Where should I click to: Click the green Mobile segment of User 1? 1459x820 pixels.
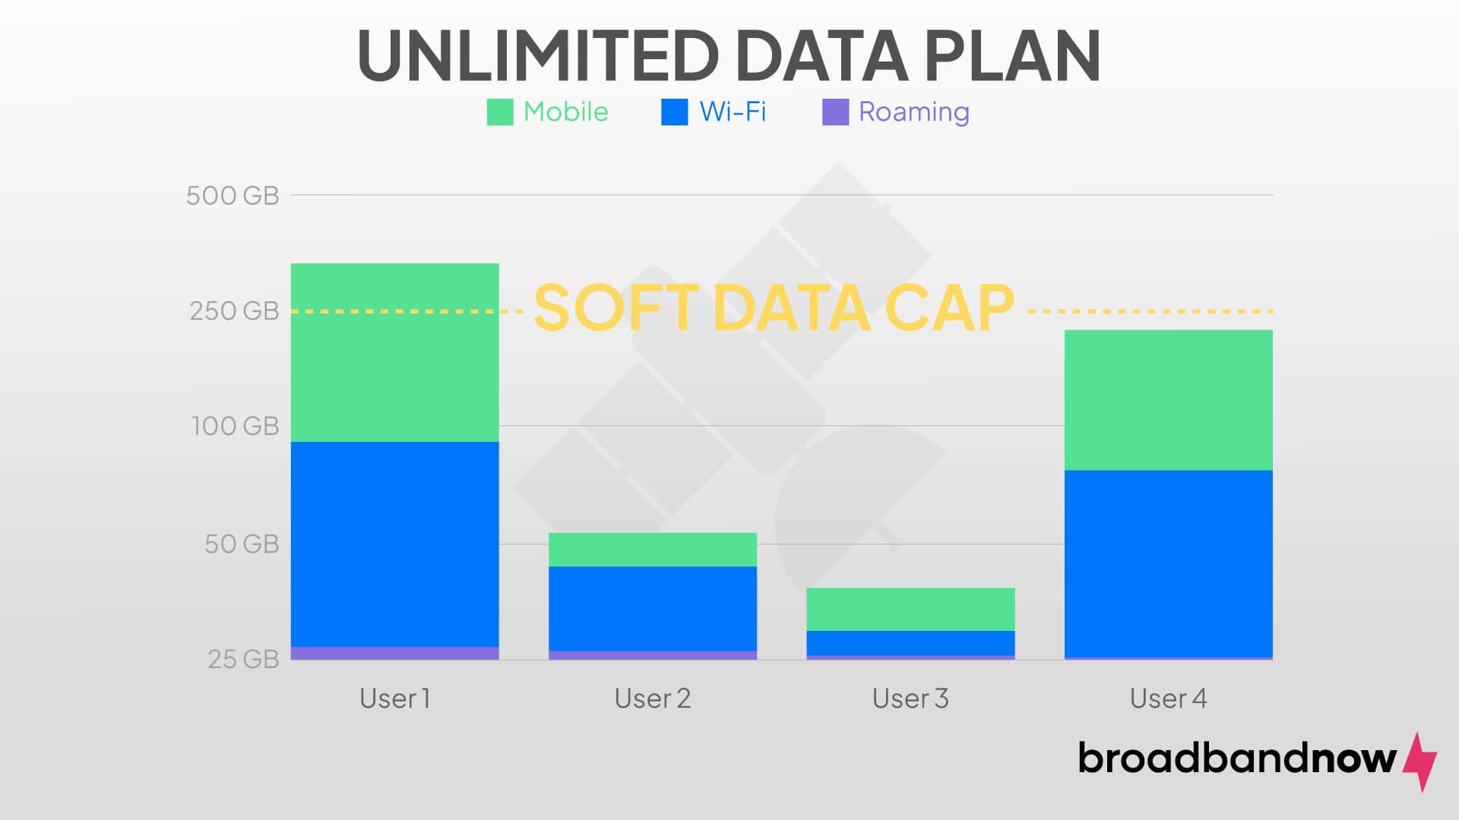pos(394,352)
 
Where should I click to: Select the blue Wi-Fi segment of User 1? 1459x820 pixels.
pos(394,544)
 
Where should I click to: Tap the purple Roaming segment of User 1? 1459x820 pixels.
pos(394,653)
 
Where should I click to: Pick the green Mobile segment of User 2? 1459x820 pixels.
pos(652,550)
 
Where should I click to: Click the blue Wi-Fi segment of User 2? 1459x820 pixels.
pos(652,608)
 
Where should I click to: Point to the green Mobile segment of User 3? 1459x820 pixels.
pos(910,609)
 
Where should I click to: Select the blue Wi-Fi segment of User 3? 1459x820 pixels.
pos(910,642)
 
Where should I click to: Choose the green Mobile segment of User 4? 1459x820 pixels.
pos(1168,399)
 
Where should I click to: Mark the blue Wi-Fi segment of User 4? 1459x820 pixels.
pos(1168,563)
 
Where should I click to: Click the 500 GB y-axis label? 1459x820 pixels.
pos(233,196)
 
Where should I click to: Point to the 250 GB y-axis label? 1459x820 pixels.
pos(234,311)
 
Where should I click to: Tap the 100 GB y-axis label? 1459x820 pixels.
pos(236,426)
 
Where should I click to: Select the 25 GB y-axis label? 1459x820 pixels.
pos(243,659)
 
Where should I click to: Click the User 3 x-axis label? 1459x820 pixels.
pos(910,699)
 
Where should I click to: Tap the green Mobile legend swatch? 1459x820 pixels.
pos(500,112)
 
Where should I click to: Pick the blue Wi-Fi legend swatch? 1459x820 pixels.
pos(675,112)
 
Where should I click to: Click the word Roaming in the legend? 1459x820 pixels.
pos(914,112)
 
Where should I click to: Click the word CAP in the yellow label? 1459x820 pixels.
pos(950,307)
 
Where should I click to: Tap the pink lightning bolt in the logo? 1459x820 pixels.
pos(1419,762)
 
